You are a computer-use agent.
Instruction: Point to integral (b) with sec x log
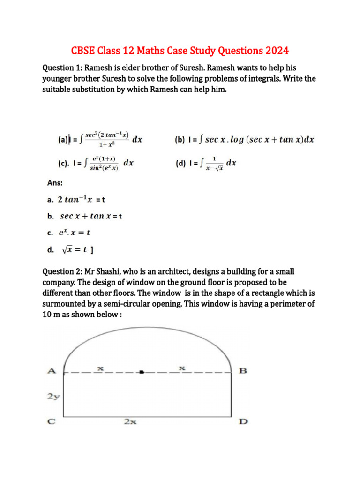pos(244,139)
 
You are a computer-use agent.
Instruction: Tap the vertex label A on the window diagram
pos(52,371)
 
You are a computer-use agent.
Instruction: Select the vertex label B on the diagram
pos(243,371)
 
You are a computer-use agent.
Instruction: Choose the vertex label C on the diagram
pos(52,421)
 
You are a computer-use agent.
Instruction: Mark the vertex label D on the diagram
pos(243,421)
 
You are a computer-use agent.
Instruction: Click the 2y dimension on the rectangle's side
pos(53,396)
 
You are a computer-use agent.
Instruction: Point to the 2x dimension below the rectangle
pos(130,422)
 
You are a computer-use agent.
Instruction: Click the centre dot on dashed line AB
pos(142,372)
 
